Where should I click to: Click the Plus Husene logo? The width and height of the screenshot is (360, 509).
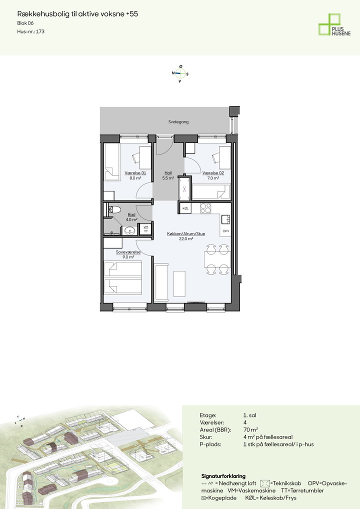(x=334, y=24)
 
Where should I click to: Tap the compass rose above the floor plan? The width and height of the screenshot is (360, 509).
(x=180, y=73)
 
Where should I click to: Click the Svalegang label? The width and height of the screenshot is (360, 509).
(x=178, y=122)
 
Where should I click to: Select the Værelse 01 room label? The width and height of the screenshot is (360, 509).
(x=135, y=173)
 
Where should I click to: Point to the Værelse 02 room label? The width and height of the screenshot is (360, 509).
(x=213, y=173)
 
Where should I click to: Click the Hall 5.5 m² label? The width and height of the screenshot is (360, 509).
(x=168, y=175)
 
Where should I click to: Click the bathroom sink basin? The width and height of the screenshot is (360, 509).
(x=130, y=231)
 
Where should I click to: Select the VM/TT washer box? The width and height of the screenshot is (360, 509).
(x=146, y=229)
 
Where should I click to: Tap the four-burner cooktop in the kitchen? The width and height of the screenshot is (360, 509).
(x=205, y=208)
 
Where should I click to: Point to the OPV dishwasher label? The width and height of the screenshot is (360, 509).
(x=226, y=231)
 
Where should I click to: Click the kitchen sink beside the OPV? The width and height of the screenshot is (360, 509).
(x=226, y=220)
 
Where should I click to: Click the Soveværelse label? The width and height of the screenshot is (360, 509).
(x=128, y=252)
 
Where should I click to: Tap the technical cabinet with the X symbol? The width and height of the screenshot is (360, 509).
(x=184, y=189)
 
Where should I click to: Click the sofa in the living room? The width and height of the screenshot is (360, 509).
(x=161, y=282)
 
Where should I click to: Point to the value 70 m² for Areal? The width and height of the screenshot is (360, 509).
(x=250, y=430)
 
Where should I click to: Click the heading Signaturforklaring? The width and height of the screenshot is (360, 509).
(x=223, y=476)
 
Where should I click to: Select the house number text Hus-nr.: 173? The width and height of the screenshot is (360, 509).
(x=31, y=31)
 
